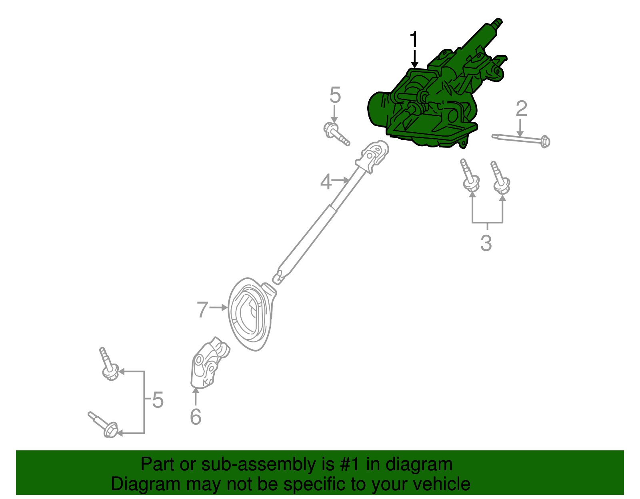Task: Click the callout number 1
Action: [x=414, y=40]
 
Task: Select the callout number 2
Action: [x=521, y=109]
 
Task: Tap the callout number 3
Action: [x=486, y=243]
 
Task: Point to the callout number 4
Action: [x=326, y=182]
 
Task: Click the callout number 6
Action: [x=195, y=417]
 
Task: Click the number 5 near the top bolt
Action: [x=335, y=96]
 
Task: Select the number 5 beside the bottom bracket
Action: [x=158, y=400]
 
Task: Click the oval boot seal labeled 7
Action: [x=250, y=315]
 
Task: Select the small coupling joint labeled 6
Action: [x=208, y=364]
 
